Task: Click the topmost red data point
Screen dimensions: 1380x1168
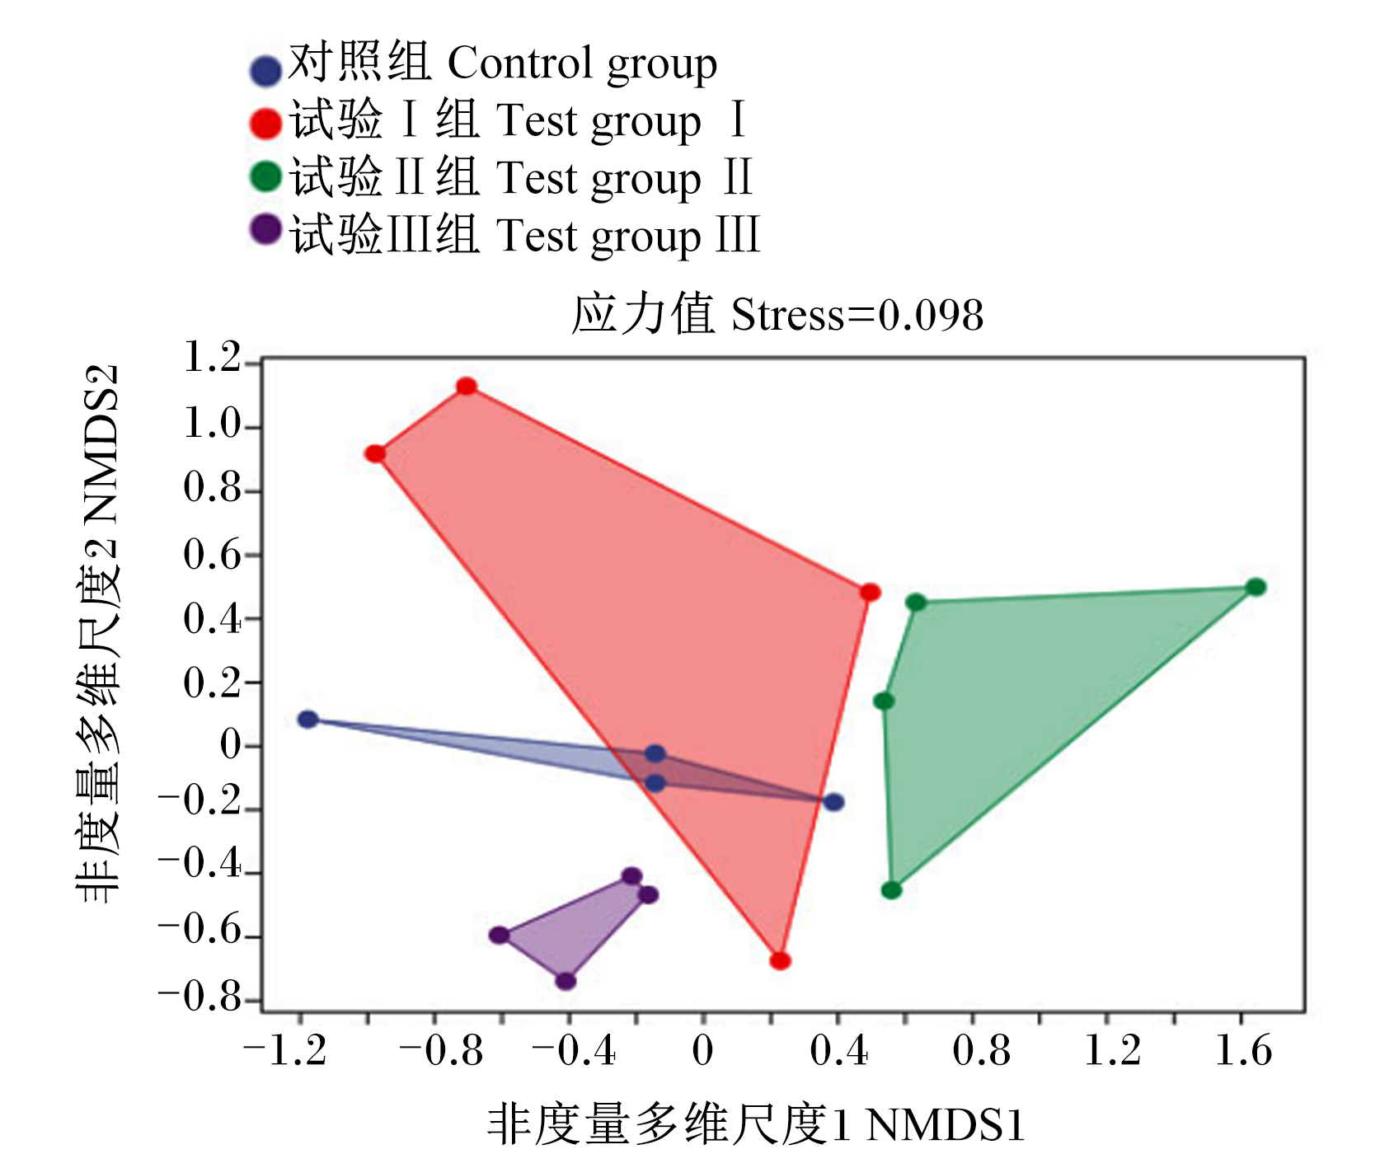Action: (x=467, y=386)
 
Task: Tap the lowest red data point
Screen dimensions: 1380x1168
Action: (x=780, y=960)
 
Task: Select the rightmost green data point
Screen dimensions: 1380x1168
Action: (x=1256, y=587)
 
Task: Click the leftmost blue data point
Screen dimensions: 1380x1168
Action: (x=307, y=719)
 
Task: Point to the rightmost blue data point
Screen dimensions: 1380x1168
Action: (x=833, y=801)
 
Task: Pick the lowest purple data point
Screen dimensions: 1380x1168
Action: (x=566, y=981)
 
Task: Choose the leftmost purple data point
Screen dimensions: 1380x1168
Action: (x=500, y=935)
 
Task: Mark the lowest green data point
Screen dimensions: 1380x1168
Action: (x=891, y=889)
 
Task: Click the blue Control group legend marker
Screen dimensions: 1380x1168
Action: (x=265, y=71)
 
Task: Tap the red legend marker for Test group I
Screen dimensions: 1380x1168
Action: (x=265, y=124)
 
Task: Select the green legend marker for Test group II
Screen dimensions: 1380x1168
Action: (x=265, y=176)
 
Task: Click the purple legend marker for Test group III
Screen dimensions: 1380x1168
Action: (x=265, y=229)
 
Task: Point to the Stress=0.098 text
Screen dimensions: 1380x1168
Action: (x=857, y=315)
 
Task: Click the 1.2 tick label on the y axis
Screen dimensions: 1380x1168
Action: (x=211, y=358)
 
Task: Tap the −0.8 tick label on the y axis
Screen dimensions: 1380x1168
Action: (x=199, y=997)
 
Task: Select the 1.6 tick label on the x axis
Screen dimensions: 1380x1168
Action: (x=1244, y=1051)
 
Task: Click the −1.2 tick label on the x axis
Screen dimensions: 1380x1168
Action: (x=285, y=1051)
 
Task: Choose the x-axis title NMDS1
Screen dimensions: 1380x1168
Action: (x=946, y=1125)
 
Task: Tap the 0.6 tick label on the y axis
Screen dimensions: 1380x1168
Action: (x=211, y=555)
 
